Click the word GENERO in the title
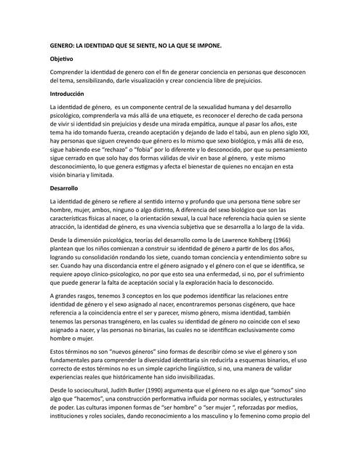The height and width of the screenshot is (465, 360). [x=61, y=44]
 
